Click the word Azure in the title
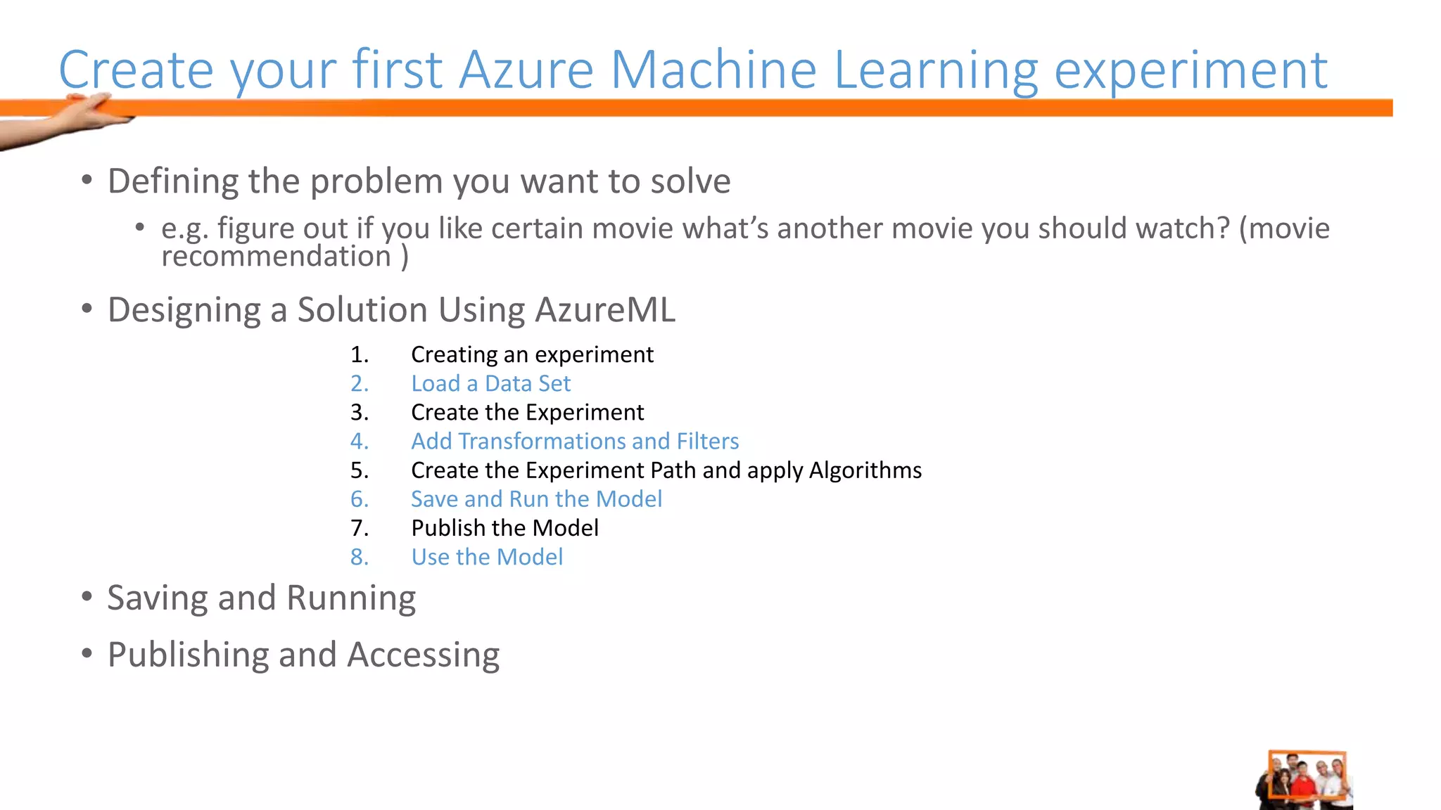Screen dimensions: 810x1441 click(526, 70)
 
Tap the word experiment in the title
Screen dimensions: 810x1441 click(1191, 71)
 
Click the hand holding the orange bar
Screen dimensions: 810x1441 click(84, 116)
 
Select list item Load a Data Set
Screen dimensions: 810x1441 click(490, 384)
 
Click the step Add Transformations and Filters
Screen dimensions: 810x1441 click(574, 442)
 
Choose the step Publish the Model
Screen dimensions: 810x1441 click(504, 528)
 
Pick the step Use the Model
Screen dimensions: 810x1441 click(487, 557)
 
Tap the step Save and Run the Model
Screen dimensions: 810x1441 click(536, 499)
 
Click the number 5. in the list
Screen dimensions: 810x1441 click(360, 470)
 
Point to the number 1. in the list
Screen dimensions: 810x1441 click(360, 355)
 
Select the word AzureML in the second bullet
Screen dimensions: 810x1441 click(604, 310)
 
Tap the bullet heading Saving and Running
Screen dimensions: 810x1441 click(261, 598)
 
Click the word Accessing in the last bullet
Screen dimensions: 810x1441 click(423, 655)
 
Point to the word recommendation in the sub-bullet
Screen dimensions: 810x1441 click(276, 257)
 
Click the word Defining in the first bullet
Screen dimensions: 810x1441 click(172, 181)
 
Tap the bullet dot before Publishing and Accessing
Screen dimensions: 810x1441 click(87, 654)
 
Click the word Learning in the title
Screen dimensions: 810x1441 click(935, 71)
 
